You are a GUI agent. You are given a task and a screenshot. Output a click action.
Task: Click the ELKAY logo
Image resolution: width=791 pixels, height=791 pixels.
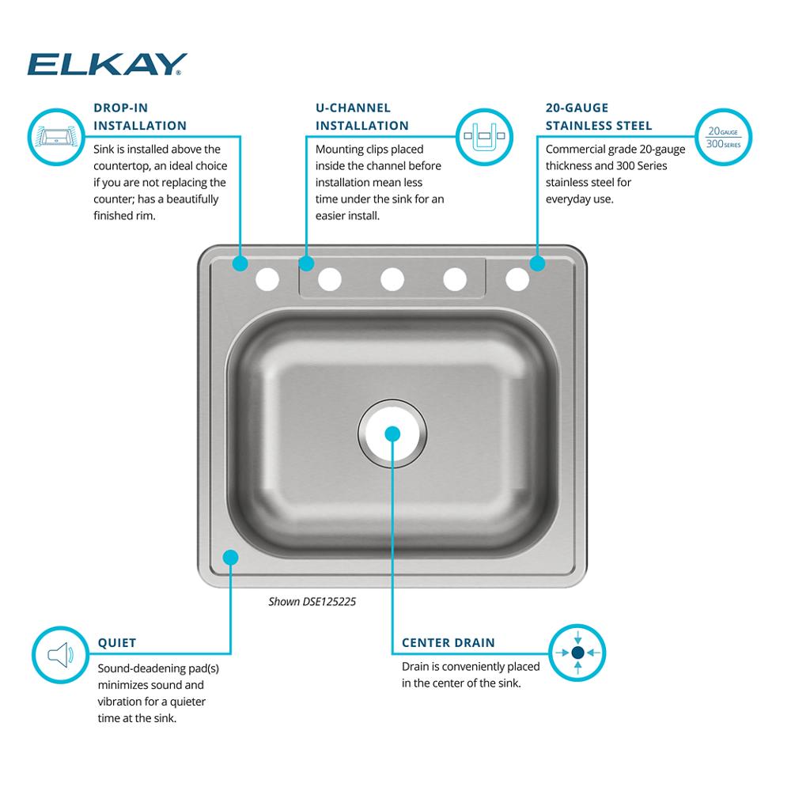(107, 64)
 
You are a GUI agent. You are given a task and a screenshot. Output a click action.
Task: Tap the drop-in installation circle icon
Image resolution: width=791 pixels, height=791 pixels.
(56, 137)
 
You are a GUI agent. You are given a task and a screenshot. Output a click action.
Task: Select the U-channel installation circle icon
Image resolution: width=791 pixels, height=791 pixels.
(484, 137)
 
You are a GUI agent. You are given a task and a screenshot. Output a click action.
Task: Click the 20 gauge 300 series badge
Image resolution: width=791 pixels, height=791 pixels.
(724, 137)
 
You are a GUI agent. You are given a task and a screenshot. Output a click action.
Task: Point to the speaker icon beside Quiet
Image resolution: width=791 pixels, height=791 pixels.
(61, 655)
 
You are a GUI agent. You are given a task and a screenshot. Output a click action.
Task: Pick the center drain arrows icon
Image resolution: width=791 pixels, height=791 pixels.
(577, 653)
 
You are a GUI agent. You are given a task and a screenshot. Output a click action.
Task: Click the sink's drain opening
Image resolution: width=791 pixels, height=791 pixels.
(392, 433)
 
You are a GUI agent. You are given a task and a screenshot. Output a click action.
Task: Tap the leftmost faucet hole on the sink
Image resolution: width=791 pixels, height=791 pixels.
(267, 279)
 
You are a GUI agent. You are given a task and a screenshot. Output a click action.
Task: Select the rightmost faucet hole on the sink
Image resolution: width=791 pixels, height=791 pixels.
(517, 279)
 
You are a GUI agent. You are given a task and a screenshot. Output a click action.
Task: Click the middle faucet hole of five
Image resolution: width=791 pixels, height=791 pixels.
(392, 279)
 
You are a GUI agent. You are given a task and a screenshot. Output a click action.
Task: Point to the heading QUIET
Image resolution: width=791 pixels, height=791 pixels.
(117, 642)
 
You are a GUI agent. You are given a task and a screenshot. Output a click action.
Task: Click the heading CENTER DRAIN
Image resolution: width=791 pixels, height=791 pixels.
(448, 642)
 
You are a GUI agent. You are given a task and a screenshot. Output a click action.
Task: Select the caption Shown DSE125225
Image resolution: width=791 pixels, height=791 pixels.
(312, 601)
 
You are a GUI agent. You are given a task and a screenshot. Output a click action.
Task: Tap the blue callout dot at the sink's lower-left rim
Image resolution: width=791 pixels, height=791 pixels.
(230, 558)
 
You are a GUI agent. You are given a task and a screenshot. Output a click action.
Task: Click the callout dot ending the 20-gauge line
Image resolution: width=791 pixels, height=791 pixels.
(538, 263)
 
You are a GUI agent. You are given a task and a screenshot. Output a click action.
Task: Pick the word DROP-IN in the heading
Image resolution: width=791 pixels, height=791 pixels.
(120, 108)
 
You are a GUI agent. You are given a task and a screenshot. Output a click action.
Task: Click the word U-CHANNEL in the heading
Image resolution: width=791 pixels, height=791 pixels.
(353, 108)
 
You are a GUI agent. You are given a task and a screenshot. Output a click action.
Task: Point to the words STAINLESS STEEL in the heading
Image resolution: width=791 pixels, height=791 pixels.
(599, 126)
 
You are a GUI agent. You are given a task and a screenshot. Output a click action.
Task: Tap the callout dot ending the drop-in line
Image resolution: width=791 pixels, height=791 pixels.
(240, 263)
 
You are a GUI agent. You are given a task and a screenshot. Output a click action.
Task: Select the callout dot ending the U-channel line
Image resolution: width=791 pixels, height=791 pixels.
(306, 263)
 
